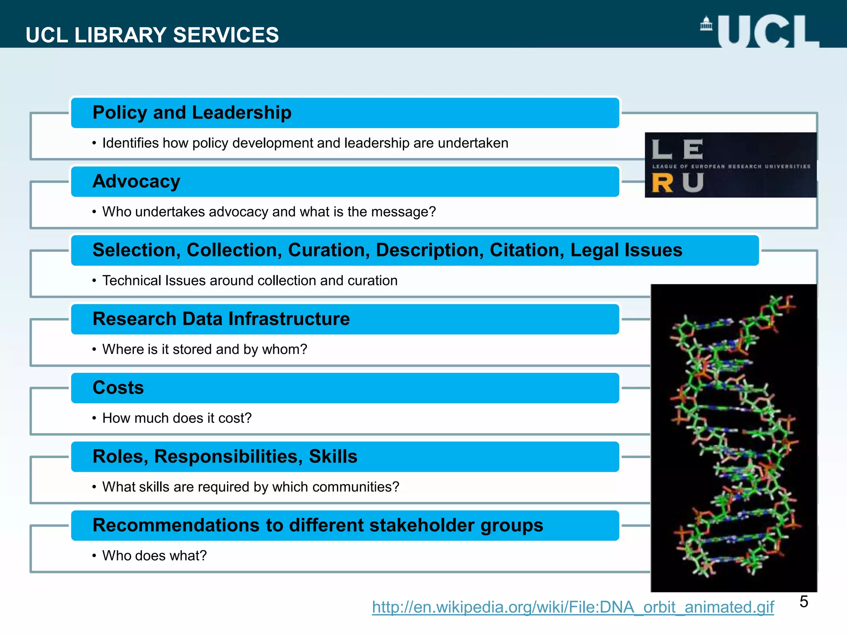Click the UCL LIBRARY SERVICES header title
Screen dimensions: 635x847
coord(152,35)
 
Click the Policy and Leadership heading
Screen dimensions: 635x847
coord(192,112)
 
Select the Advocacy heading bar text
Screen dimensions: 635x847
coord(136,181)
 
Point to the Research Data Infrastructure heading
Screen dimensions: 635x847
coord(221,319)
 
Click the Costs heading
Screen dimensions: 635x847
coord(118,388)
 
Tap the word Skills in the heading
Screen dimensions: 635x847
coord(333,456)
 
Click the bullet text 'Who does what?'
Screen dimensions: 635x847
coord(154,556)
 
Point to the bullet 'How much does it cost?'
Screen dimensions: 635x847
coord(177,418)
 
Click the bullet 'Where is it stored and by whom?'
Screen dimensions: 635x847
coord(205,349)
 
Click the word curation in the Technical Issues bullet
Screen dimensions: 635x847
coord(372,281)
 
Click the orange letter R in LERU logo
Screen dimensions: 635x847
coord(662,183)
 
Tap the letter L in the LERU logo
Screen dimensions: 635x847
coord(661,149)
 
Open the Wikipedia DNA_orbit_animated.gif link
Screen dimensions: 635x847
coord(573,607)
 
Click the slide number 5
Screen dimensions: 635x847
coord(804,602)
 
